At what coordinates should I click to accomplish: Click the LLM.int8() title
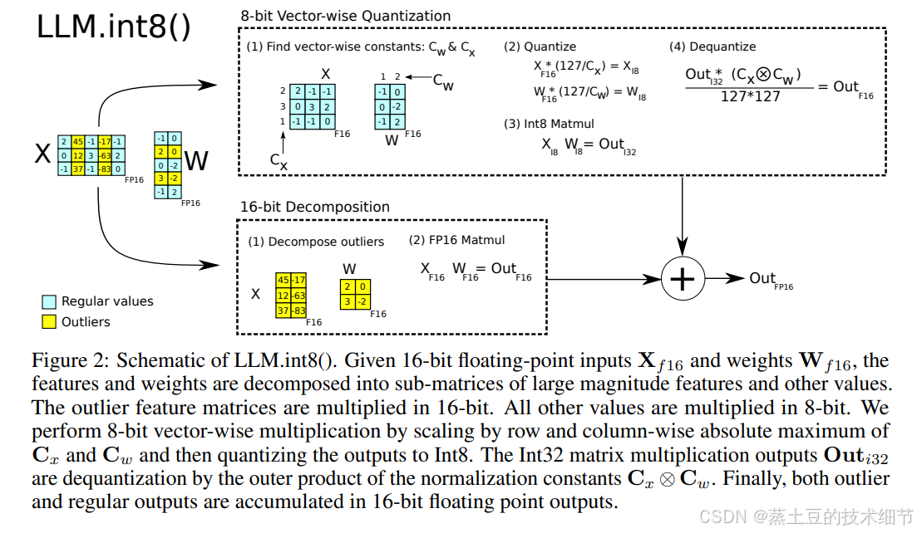point(113,27)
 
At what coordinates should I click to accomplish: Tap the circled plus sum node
point(682,279)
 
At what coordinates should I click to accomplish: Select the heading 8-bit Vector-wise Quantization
point(345,16)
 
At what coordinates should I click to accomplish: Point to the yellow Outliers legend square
point(48,320)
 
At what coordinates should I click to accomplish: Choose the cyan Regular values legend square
point(48,301)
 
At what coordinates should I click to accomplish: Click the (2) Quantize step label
point(540,46)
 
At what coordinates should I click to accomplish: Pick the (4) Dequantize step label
point(712,46)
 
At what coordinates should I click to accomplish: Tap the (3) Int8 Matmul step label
point(548,124)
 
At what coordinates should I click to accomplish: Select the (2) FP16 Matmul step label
point(456,241)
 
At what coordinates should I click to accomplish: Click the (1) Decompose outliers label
point(316,242)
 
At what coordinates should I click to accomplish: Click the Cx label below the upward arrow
point(279,162)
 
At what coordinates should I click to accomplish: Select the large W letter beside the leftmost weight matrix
point(195,159)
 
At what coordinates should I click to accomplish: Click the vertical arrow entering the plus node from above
point(682,216)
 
